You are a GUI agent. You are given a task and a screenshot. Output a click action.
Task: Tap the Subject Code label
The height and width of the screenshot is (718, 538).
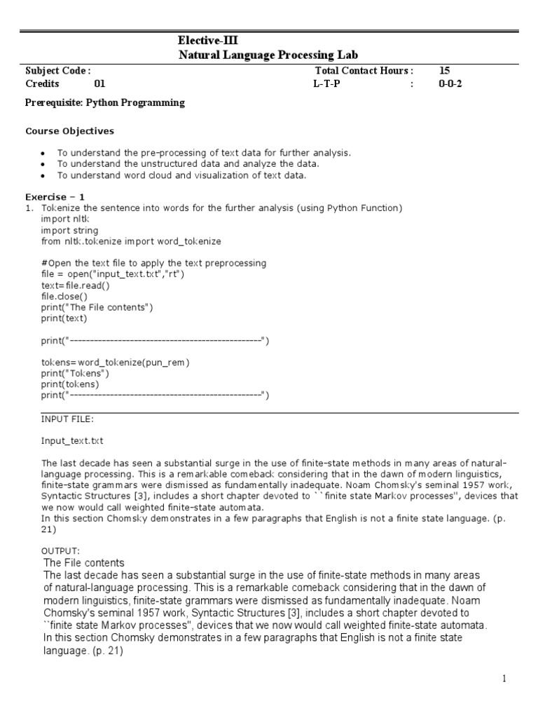[x=57, y=71]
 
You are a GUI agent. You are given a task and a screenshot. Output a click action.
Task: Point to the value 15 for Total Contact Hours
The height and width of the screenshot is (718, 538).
[x=445, y=71]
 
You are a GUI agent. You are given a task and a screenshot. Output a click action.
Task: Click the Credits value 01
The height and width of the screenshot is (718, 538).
[x=99, y=84]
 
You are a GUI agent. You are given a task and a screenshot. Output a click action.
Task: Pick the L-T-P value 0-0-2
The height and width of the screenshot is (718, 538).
[x=450, y=84]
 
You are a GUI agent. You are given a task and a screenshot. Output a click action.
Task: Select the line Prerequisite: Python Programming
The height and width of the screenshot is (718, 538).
[x=105, y=103]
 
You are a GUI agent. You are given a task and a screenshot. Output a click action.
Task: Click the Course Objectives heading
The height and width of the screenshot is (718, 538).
[x=69, y=131]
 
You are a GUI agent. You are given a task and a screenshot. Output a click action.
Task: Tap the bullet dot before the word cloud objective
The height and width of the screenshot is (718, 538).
[x=43, y=175]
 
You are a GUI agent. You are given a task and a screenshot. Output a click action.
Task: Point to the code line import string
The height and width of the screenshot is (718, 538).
[x=69, y=230]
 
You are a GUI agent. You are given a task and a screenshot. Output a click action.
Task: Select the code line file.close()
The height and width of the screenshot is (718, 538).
[x=65, y=296]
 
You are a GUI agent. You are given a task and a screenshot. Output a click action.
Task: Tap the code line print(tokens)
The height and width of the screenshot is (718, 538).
[x=70, y=384]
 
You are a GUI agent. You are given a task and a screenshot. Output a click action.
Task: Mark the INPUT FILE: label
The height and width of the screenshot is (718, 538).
[x=67, y=419]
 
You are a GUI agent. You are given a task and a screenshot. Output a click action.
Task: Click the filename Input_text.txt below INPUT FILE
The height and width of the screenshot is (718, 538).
[x=72, y=441]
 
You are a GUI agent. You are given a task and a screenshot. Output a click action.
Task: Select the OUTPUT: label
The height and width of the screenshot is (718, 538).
[x=60, y=550]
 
